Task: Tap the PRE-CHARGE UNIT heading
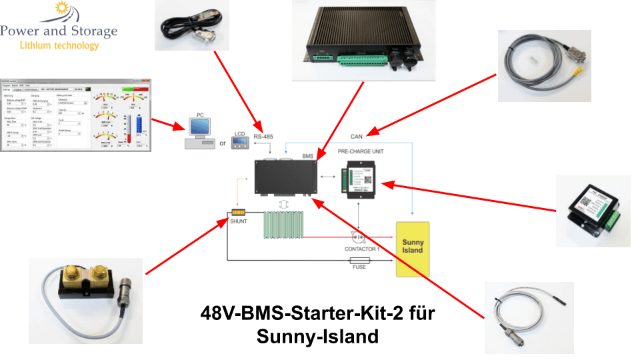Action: click(x=365, y=152)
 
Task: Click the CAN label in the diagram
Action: click(x=357, y=137)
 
